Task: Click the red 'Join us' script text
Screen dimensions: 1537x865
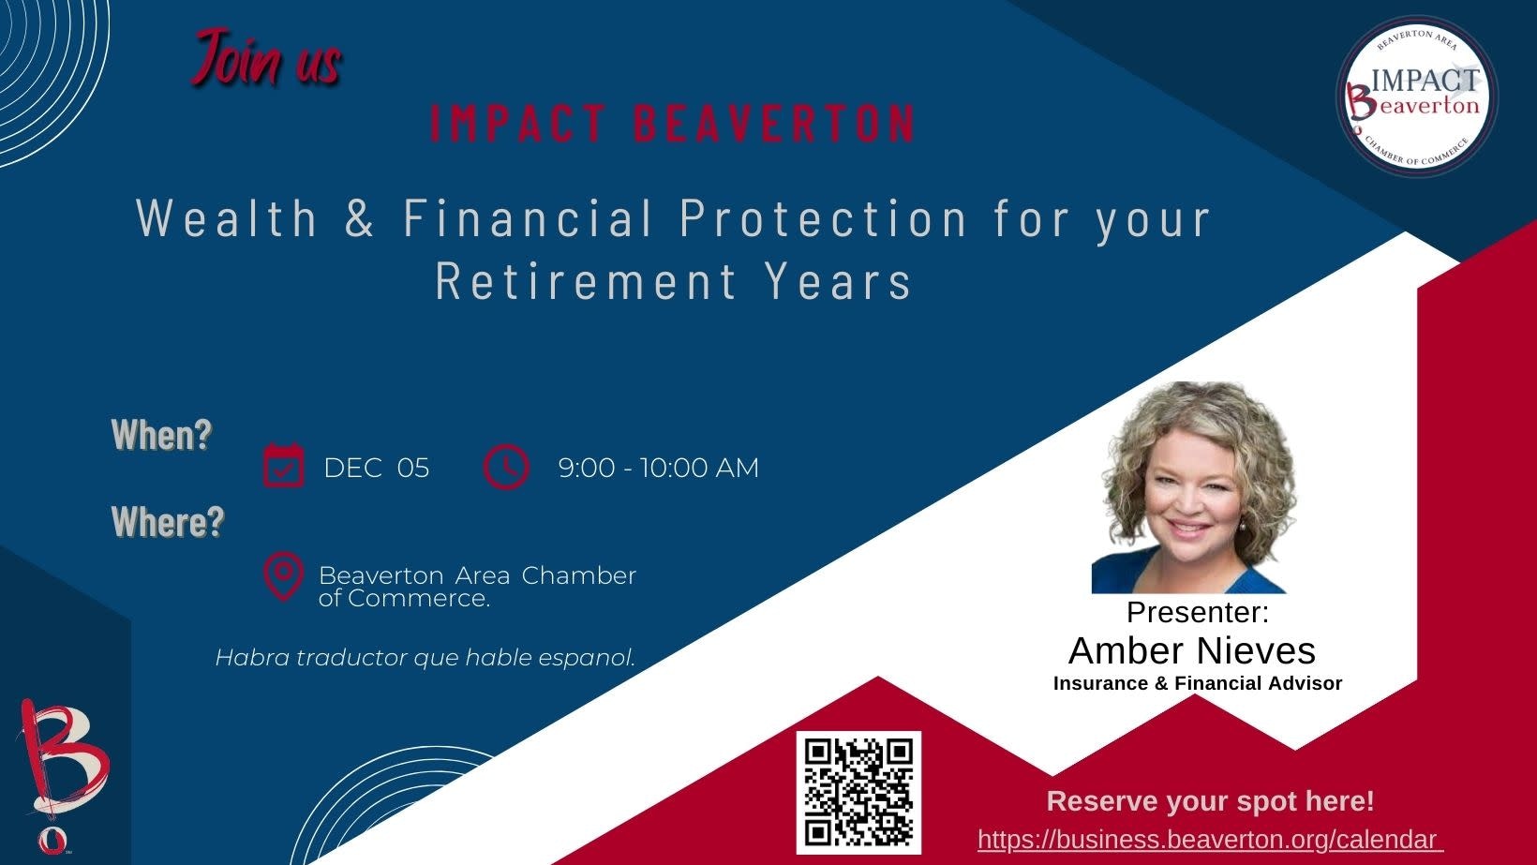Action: click(266, 59)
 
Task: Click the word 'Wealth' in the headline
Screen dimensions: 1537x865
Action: click(227, 218)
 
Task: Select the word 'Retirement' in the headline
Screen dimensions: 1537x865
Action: click(586, 280)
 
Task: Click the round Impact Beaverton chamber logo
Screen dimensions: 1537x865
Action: click(1418, 97)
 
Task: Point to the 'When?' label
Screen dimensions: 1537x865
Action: click(162, 435)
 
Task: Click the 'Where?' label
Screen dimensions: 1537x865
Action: click(168, 521)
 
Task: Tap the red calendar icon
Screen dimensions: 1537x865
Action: click(283, 466)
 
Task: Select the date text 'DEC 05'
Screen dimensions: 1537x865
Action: click(377, 469)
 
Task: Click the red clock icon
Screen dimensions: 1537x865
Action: click(506, 467)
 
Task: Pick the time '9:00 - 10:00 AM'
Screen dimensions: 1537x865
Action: click(659, 469)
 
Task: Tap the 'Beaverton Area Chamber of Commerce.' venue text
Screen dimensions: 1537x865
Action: click(478, 587)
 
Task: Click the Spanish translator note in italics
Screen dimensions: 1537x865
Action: click(425, 658)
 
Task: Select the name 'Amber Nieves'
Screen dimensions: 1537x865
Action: click(1192, 651)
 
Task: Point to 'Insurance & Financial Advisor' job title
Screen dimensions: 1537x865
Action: click(1198, 683)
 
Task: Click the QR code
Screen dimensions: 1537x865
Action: click(858, 792)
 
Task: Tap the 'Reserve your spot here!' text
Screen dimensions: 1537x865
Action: click(1211, 801)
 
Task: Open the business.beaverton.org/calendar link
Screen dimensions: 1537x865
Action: click(1211, 840)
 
